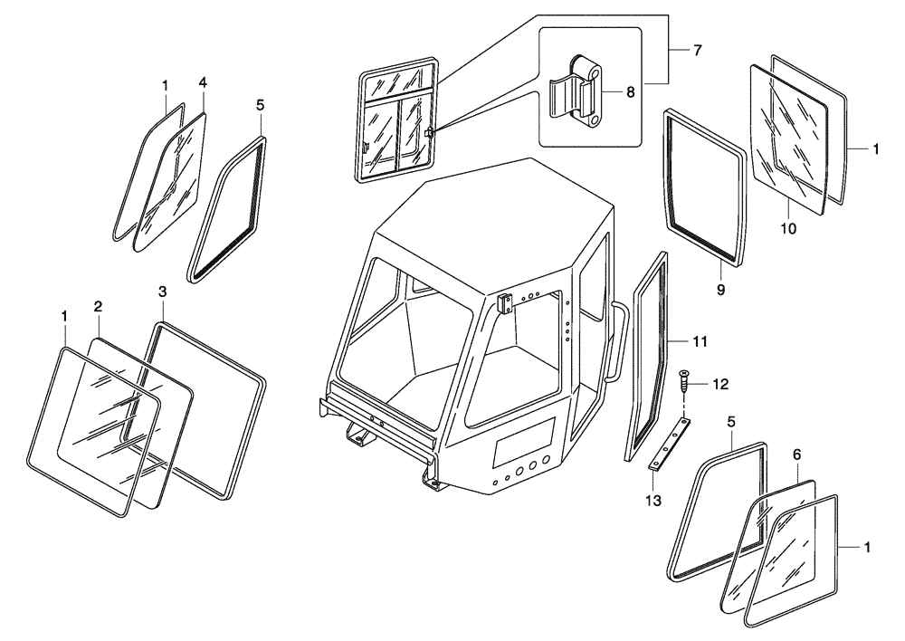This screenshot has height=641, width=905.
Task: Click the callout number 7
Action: (697, 50)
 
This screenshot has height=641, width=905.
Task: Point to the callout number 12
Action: (719, 385)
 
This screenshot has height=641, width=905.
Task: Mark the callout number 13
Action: (654, 501)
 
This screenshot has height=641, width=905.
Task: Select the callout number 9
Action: (720, 292)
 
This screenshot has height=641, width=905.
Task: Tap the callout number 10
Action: (788, 229)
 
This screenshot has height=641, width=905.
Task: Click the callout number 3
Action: (161, 292)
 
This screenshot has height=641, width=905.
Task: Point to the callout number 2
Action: (98, 307)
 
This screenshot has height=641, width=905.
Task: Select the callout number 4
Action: (203, 82)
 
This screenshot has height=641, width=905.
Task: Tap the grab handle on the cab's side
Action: (619, 344)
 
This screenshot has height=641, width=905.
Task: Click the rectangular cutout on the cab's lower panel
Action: (522, 443)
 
